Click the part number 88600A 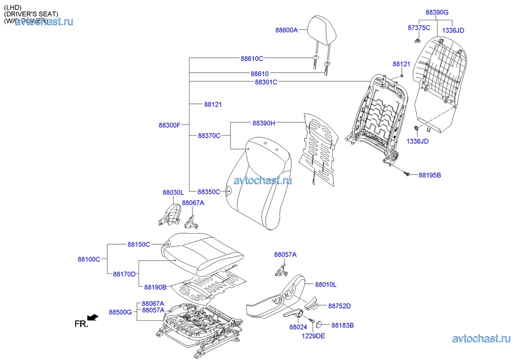287,30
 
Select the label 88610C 252,59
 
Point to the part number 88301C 266,82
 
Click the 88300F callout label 170,125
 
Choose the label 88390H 264,123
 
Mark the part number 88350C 209,192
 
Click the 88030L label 173,192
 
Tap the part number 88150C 139,244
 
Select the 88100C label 89,259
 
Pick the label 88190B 155,287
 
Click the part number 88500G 120,312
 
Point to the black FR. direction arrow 92,317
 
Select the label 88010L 326,285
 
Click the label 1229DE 314,336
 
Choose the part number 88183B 342,325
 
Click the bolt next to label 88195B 406,174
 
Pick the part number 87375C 419,28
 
